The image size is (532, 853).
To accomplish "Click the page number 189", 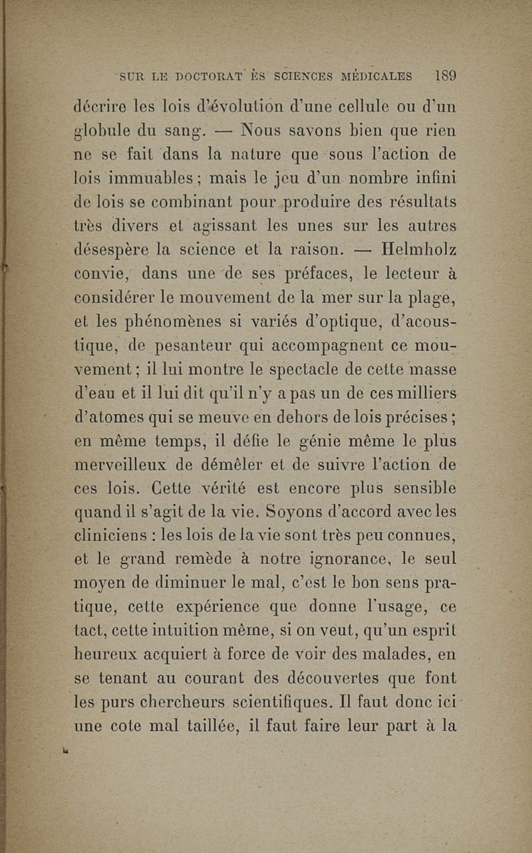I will point(442,75).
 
